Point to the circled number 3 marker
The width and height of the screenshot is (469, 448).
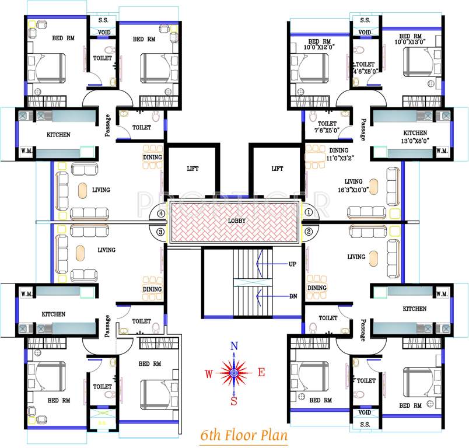coord(159,233)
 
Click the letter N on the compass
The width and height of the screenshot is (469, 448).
coord(234,346)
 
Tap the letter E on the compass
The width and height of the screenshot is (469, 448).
coord(261,372)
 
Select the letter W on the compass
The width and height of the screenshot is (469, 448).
coord(208,373)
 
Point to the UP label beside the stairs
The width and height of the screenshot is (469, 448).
coord(293,264)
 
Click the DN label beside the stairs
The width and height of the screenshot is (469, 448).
coord(293,296)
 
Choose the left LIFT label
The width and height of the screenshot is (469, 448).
coord(192,169)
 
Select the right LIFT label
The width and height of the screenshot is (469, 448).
coord(277,169)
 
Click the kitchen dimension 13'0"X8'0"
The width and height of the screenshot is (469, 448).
coord(415,140)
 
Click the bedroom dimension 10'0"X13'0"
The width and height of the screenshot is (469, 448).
coord(411,41)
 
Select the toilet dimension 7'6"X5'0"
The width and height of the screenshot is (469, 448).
coord(325,131)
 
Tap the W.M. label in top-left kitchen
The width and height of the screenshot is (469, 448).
coord(26,151)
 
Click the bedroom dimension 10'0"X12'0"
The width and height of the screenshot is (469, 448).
coord(320,48)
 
